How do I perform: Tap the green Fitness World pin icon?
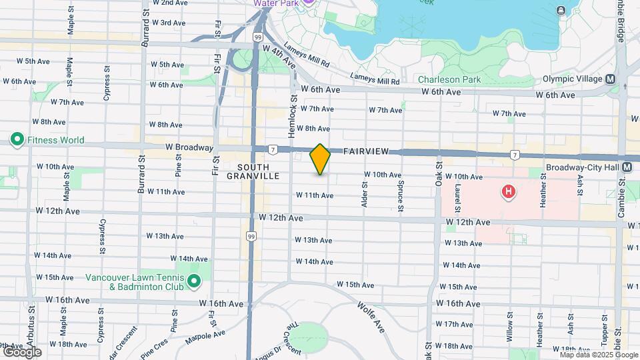point(17,140)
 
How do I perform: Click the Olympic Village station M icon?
point(611,79)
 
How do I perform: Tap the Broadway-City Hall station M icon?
point(627,167)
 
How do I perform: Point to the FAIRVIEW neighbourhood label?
point(367,152)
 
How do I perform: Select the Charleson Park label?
point(449,79)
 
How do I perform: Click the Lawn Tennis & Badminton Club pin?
point(194,281)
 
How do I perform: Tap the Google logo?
point(21,352)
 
